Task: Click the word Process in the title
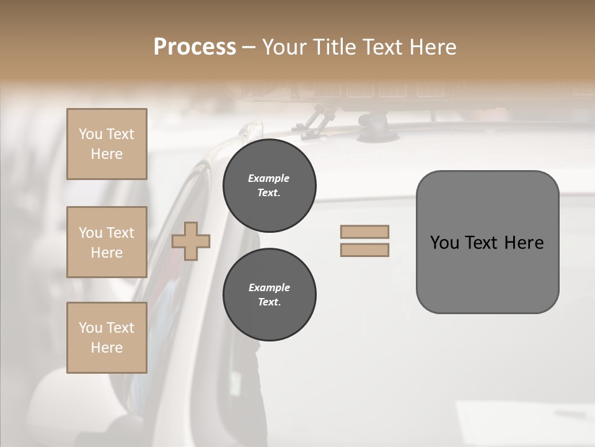[195, 47]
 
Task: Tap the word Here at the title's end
[432, 47]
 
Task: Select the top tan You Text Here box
[107, 144]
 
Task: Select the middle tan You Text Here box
[107, 242]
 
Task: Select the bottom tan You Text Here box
[107, 338]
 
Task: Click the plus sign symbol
[191, 242]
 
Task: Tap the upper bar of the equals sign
[364, 232]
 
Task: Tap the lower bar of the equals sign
[364, 250]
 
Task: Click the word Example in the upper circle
[269, 178]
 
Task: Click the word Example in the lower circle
[269, 287]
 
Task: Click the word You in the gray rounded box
[444, 243]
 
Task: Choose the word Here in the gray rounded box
[524, 243]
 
